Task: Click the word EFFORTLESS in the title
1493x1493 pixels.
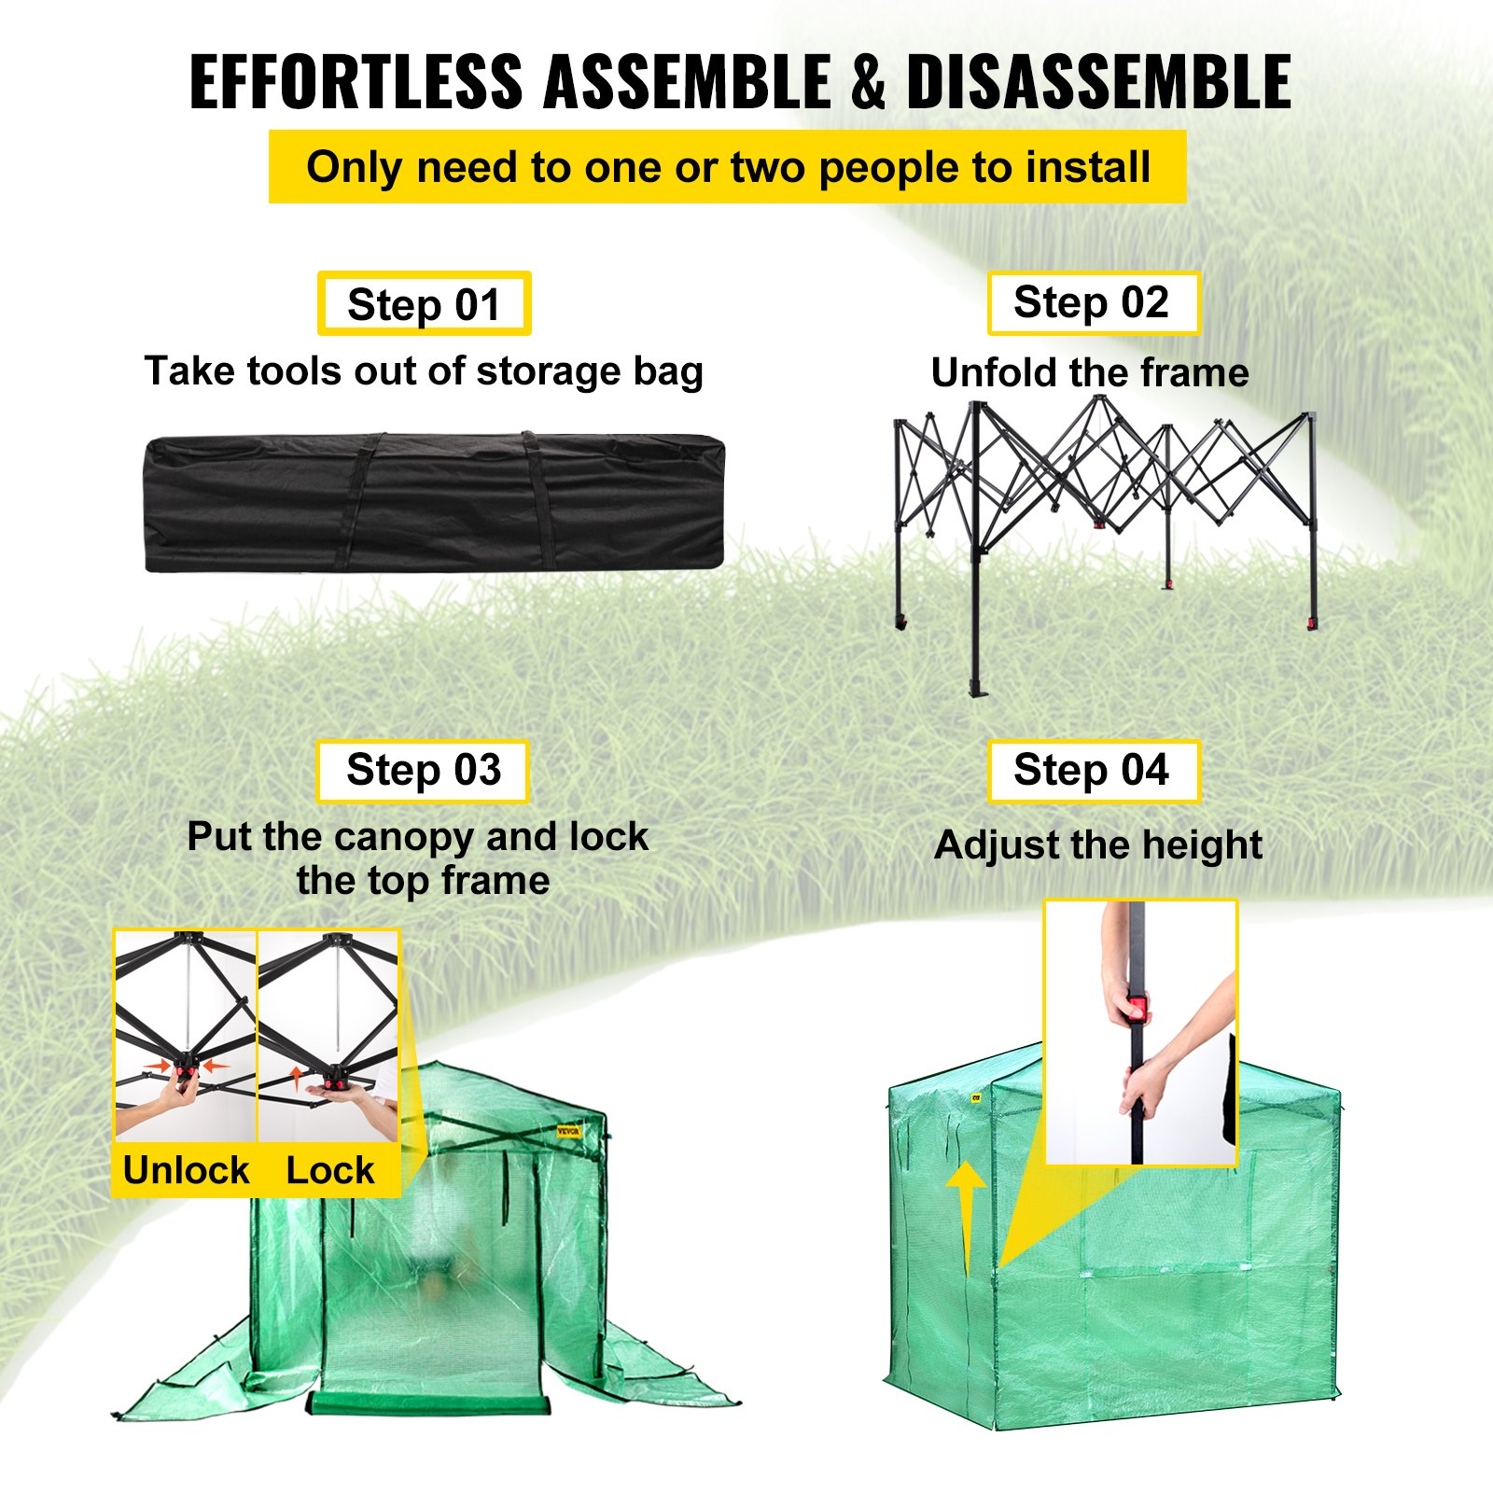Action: [356, 82]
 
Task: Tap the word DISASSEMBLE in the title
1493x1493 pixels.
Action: [1098, 82]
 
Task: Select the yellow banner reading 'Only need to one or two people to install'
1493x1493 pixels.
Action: [727, 167]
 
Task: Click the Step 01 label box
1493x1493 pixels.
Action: [424, 304]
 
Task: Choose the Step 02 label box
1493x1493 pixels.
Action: [1093, 302]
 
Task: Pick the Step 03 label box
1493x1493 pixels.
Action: [423, 771]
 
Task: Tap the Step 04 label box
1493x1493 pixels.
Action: [1093, 771]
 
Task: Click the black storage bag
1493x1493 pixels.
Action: [434, 502]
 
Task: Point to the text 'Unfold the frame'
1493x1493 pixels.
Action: [1090, 372]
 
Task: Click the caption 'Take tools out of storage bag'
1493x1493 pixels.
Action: [424, 370]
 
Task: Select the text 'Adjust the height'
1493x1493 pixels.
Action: [1097, 845]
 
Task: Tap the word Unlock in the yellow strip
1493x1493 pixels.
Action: [186, 1170]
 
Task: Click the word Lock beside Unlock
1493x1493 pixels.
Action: [329, 1170]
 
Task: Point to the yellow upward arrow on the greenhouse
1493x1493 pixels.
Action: [966, 1213]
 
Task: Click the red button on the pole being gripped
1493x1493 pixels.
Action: [1137, 1008]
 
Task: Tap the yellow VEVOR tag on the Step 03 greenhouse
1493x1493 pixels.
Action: [568, 1132]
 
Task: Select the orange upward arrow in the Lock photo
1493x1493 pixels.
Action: [297, 1078]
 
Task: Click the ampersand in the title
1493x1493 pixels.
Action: [868, 82]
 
